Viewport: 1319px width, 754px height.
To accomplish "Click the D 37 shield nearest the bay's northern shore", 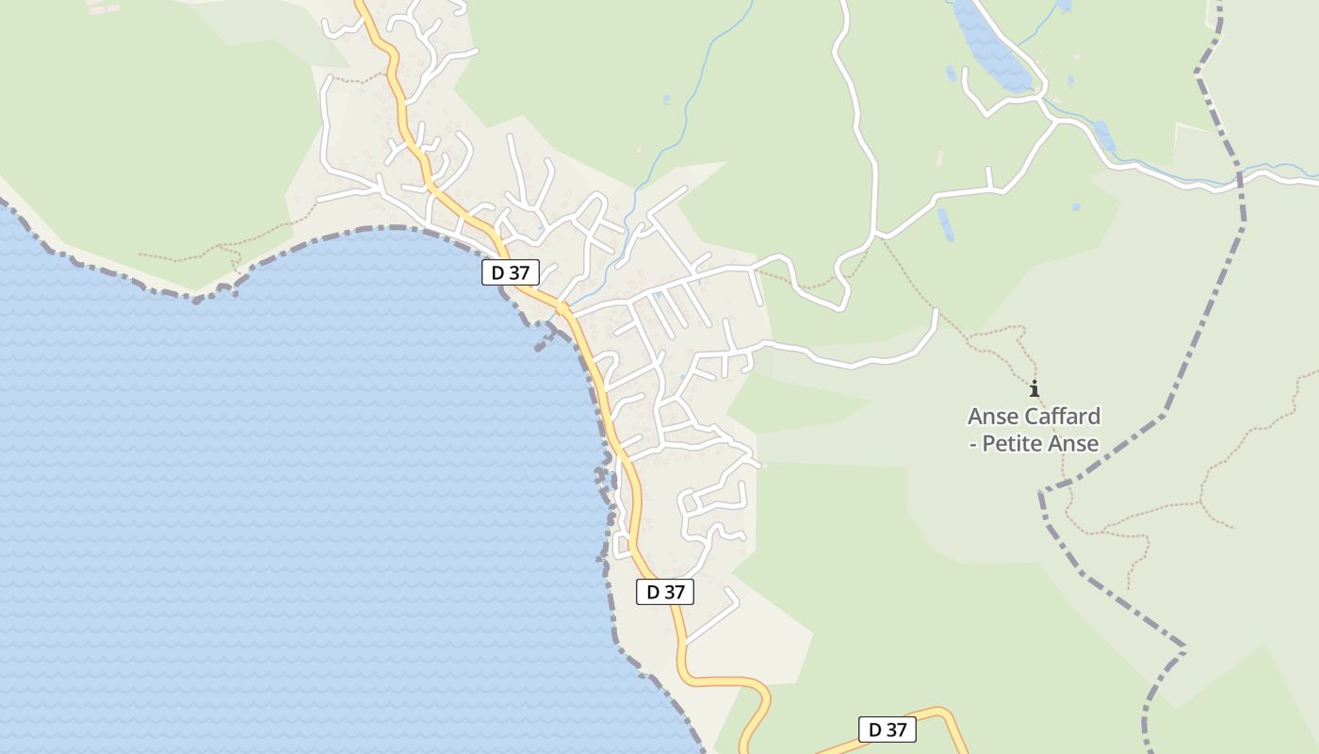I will point(511,273).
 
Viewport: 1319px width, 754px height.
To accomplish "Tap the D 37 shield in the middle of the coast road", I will point(665,592).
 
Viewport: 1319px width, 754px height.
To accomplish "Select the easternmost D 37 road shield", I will point(887,729).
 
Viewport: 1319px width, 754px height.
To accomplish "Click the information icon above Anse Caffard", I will point(1034,388).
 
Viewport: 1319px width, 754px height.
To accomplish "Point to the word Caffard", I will point(1061,417).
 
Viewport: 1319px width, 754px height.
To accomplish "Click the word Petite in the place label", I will point(1015,444).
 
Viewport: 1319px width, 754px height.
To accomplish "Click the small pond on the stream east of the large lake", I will point(1104,137).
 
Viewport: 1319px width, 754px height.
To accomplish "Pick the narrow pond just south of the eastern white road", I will point(945,223).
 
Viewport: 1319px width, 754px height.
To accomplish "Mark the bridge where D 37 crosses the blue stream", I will point(562,307).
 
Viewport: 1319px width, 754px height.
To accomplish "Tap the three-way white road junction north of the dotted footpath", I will point(877,234).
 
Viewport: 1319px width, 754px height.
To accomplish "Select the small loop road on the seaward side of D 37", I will point(621,546).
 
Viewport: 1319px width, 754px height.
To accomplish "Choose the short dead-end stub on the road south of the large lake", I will point(988,177).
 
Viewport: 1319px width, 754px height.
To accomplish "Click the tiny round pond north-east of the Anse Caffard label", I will point(1076,206).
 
